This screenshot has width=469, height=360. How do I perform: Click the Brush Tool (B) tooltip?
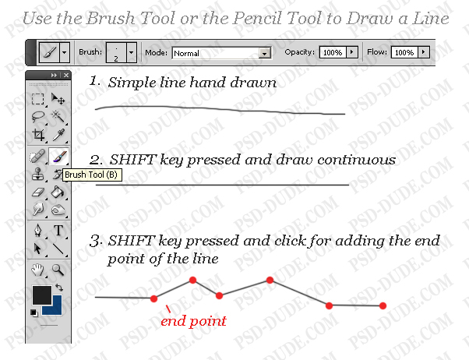(90, 175)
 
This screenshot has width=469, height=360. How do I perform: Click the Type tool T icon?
(58, 231)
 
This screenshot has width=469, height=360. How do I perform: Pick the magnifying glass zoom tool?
(58, 270)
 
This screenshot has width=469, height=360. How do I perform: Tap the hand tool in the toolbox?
(37, 270)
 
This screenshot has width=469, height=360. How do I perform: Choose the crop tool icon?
(37, 136)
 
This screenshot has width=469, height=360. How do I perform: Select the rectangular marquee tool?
(37, 99)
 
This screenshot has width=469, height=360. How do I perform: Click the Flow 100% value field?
(404, 52)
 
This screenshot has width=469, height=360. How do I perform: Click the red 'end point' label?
(193, 320)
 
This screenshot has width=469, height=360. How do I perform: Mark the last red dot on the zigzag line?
(383, 305)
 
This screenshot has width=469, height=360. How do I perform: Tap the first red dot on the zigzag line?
(153, 298)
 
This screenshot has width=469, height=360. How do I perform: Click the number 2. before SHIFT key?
(96, 160)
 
